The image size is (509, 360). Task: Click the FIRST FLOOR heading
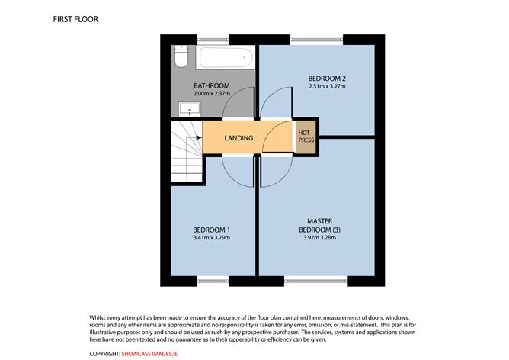point(75,17)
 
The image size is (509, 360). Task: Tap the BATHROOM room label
point(211,85)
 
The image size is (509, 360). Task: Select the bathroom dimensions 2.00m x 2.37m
point(211,94)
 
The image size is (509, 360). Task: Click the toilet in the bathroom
point(180,58)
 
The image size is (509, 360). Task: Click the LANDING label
point(238,138)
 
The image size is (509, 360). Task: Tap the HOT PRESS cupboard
point(305,138)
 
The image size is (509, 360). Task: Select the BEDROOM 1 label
point(211,230)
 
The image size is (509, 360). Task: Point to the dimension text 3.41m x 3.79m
point(211,238)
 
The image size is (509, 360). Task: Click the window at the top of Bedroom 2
point(317,39)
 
